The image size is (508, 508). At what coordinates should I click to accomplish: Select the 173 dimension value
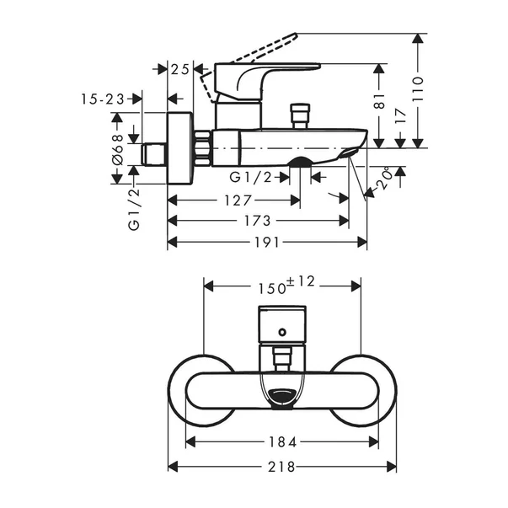[258, 221]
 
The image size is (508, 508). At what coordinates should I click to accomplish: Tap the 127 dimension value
[238, 201]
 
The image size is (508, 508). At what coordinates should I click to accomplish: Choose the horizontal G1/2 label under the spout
[251, 177]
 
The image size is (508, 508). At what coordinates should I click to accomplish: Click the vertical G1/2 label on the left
[133, 211]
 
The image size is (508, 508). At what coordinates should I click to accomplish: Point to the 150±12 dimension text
[286, 285]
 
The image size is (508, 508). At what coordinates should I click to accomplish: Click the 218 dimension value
[283, 466]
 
